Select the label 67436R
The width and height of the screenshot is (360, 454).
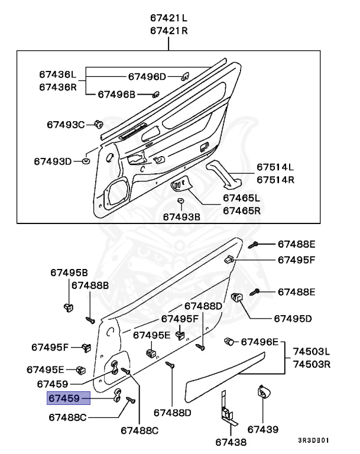point(58,87)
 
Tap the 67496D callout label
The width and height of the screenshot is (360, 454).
point(147,76)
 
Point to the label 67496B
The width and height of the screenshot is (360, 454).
point(116,94)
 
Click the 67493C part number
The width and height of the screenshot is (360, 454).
point(66,124)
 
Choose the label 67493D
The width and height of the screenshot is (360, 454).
point(52,161)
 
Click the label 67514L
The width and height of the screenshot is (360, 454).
point(275,167)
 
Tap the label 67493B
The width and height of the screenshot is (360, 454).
point(181,217)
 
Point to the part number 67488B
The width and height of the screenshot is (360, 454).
point(90,285)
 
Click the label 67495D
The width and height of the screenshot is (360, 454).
point(293,318)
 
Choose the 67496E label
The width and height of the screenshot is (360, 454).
point(259,342)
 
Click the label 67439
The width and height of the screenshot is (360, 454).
point(263,429)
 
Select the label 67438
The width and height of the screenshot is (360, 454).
point(231,442)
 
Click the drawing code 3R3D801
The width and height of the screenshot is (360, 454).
point(314,440)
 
